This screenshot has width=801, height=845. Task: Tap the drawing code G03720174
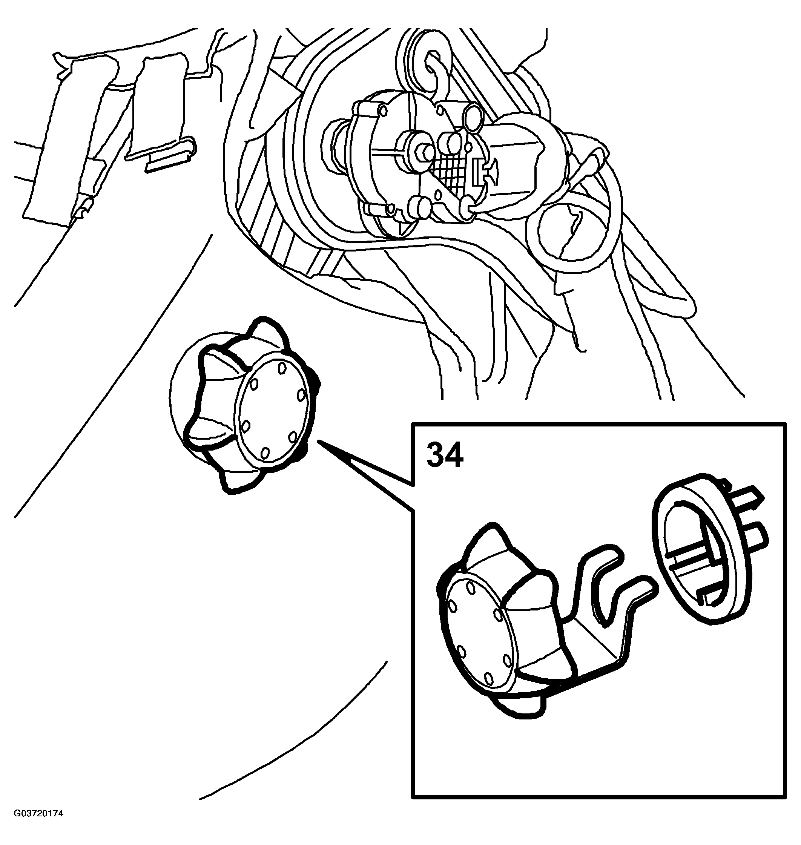point(38,825)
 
